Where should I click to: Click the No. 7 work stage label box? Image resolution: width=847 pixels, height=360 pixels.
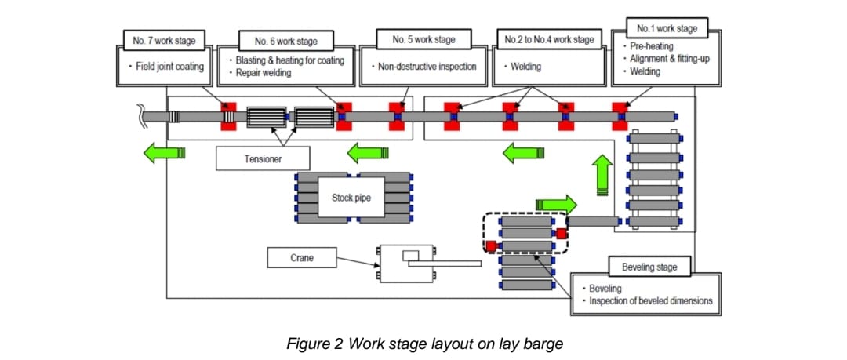pos(165,39)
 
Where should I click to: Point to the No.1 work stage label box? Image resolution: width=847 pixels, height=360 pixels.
pos(667,29)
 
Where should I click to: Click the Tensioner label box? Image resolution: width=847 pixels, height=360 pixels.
pos(261,158)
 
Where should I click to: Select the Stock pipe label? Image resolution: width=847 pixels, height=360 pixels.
pos(345,198)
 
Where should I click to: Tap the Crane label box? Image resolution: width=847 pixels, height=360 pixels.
pos(302,257)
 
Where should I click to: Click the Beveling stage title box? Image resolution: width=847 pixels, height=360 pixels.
pos(648,267)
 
